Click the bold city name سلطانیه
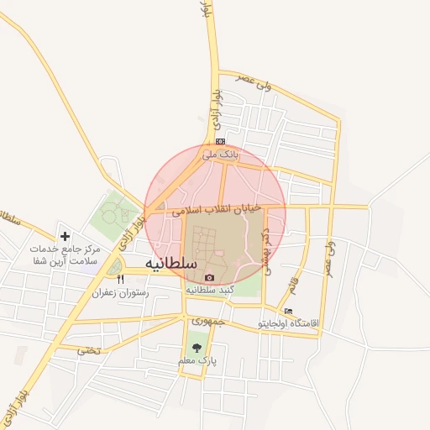[171, 263]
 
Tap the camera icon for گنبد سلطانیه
[209, 278]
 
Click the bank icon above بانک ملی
[220, 141]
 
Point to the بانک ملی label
[221, 155]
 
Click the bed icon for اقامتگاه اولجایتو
[289, 312]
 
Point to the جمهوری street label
[207, 321]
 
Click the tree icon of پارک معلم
[197, 346]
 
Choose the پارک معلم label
[197, 359]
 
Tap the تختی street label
[88, 349]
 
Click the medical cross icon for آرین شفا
[65, 236]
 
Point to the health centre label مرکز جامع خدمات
[65, 249]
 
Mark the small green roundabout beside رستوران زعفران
[113, 267]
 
